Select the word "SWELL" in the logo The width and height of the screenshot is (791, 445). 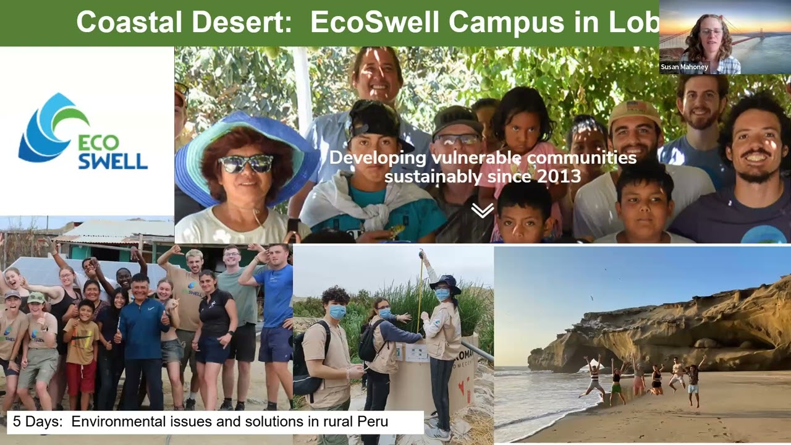[x=113, y=161]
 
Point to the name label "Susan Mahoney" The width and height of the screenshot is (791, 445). [x=684, y=67]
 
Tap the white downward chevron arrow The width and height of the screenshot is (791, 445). [x=482, y=211]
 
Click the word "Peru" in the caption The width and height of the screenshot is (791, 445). [x=370, y=422]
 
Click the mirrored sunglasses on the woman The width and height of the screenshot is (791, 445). [x=245, y=164]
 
